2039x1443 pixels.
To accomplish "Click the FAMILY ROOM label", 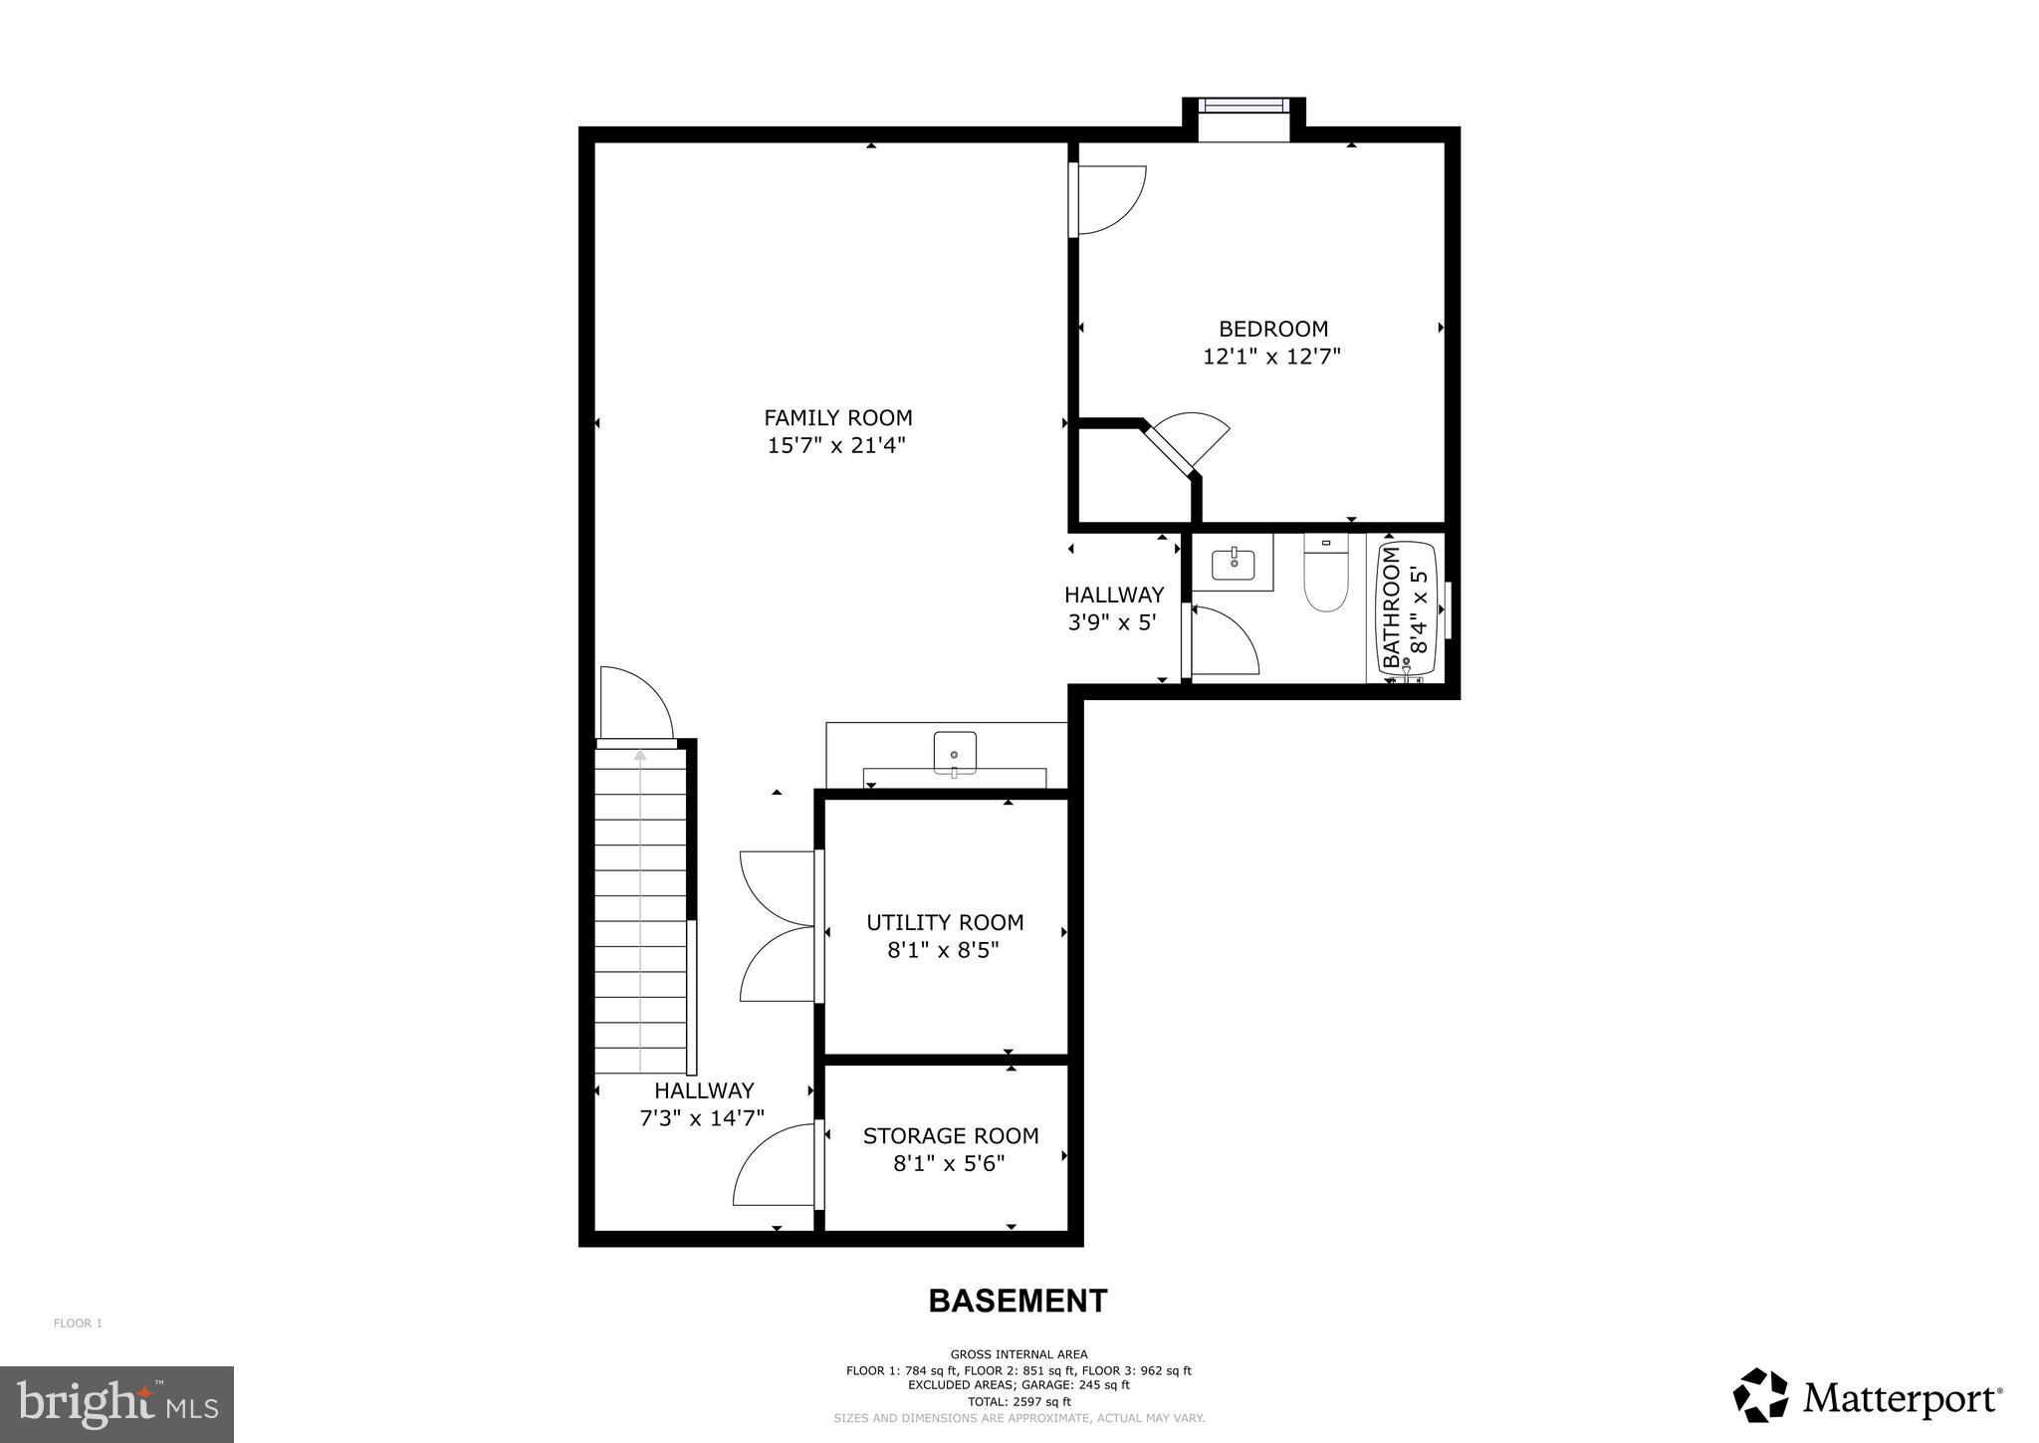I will coord(837,417).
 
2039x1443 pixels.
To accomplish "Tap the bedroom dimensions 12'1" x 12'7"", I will coord(1271,357).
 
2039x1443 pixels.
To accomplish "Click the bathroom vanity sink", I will coord(1235,564).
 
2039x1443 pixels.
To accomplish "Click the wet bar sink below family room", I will coord(954,752).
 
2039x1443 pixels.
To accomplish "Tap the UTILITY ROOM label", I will coord(944,922).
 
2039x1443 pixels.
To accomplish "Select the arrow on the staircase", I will coord(640,757).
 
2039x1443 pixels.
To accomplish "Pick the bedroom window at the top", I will coord(1243,106).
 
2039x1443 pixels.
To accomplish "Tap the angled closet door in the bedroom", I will coord(1190,438).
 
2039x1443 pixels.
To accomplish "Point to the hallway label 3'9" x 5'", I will coord(1112,622).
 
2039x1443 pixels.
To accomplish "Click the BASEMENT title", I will coord(1018,1301).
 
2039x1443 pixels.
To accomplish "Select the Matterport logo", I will coord(1868,1399).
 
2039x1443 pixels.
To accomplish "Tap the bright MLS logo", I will coord(116,1404).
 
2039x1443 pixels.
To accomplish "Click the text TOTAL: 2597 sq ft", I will coord(1019,1401).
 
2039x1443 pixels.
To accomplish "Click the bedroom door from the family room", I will coord(1107,199).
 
